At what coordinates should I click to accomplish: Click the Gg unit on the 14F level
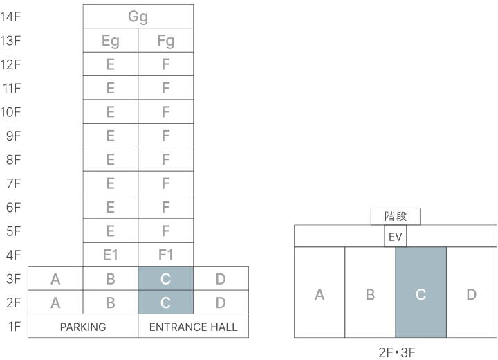[x=138, y=17]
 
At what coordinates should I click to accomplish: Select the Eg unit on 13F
[x=110, y=40]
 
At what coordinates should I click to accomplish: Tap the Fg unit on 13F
[x=165, y=40]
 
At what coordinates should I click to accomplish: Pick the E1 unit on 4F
[x=110, y=255]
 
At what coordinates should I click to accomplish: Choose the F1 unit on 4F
[x=165, y=255]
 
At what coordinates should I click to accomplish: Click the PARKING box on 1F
[x=83, y=326]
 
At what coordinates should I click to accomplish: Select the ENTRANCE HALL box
[x=193, y=326]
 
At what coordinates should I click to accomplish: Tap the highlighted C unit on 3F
[x=165, y=279]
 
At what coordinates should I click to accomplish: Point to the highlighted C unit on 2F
[x=165, y=303]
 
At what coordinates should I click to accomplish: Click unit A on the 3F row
[x=55, y=279]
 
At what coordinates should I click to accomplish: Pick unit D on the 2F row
[x=221, y=303]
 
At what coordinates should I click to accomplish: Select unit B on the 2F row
[x=110, y=303]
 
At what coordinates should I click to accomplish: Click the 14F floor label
[x=11, y=17]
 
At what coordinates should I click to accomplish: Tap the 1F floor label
[x=14, y=326]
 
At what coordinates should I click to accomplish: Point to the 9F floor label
[x=14, y=136]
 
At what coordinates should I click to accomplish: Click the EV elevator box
[x=396, y=237]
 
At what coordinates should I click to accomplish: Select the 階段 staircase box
[x=396, y=217]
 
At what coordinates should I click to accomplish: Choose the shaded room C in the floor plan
[x=421, y=294]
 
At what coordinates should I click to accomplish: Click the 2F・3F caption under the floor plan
[x=396, y=352]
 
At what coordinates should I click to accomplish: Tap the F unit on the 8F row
[x=165, y=159]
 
